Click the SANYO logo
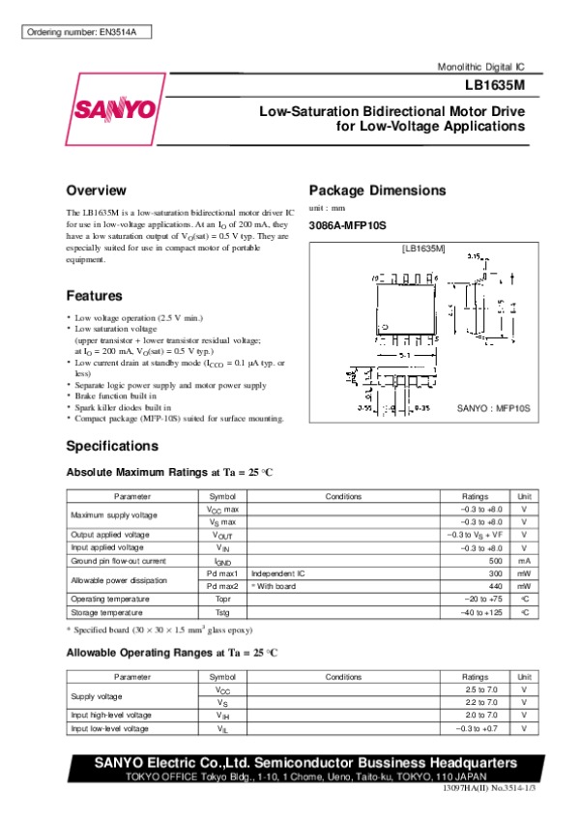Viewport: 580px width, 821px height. pos(110,109)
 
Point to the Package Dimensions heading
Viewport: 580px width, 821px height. pos(376,191)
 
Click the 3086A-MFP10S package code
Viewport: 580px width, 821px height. pos(346,225)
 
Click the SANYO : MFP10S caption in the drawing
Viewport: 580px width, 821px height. pos(494,410)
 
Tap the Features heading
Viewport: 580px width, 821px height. pos(95,295)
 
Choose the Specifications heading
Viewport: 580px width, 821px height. pos(112,447)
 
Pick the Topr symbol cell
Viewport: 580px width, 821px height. pos(222,599)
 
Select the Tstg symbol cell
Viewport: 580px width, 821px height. pos(222,611)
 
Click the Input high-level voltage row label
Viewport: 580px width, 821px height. pos(110,716)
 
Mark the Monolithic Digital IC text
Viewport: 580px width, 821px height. pos(480,69)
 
